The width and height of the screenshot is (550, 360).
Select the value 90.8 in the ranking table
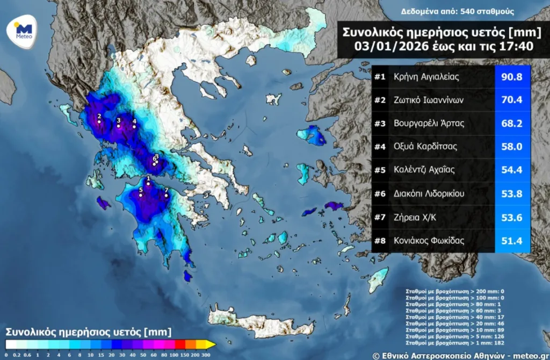pyautogui.click(x=512, y=76)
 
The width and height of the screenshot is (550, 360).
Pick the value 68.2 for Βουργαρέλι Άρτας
pyautogui.click(x=512, y=123)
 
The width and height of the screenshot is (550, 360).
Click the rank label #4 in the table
pyautogui.click(x=380, y=147)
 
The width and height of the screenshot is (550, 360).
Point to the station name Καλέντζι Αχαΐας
pyautogui.click(x=424, y=170)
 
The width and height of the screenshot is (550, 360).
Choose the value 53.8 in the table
pyautogui.click(x=512, y=193)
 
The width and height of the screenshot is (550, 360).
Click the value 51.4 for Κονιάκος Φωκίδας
pyautogui.click(x=512, y=240)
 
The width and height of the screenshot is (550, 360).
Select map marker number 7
pyautogui.click(x=167, y=195)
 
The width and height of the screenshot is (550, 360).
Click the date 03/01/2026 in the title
pyautogui.click(x=385, y=46)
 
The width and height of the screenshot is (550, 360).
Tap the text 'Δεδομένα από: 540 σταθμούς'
pyautogui.click(x=458, y=11)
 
